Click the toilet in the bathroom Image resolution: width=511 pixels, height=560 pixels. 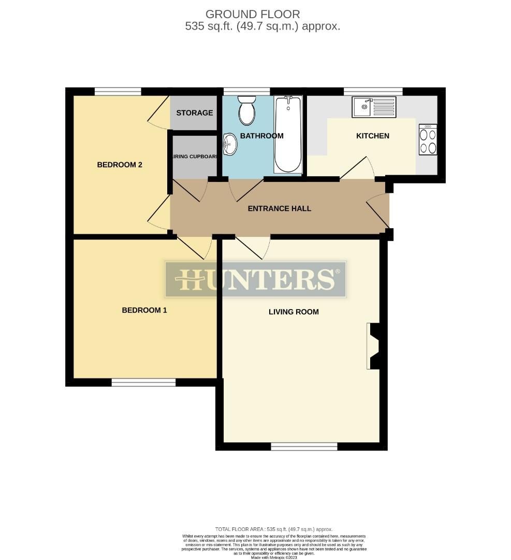(x=247, y=110)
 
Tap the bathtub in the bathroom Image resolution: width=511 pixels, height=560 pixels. (x=288, y=135)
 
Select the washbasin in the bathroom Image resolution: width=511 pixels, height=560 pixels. (x=230, y=144)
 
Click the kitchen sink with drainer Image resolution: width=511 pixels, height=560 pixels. (x=374, y=107)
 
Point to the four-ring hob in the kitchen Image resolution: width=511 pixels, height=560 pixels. (x=428, y=140)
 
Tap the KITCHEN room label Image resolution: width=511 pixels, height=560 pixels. (x=372, y=136)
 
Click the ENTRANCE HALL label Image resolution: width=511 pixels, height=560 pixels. (x=280, y=208)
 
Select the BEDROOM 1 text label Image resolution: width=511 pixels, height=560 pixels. (x=144, y=310)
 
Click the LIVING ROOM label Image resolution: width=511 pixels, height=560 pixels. (x=294, y=312)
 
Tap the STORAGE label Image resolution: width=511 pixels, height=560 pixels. (x=194, y=113)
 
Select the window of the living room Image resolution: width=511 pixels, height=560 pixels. (x=304, y=446)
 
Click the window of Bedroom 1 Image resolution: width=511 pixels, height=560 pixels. (x=143, y=383)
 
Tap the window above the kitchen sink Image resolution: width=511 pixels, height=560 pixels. (x=373, y=91)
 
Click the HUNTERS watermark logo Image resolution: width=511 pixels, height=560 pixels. (x=255, y=279)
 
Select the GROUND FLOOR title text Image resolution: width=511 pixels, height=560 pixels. (x=253, y=14)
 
